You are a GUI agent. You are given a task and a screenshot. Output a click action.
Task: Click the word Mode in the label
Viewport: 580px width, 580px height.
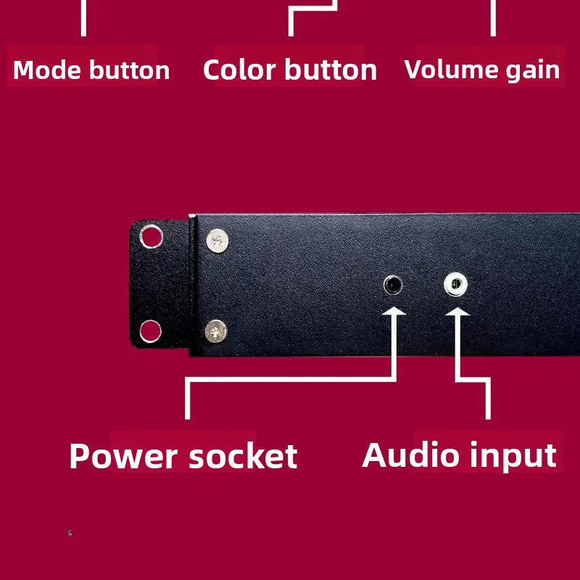coord(47,70)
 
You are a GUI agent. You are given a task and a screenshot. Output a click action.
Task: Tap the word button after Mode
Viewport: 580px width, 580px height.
coord(130,70)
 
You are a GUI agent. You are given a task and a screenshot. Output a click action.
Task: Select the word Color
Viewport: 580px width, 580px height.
coord(239,70)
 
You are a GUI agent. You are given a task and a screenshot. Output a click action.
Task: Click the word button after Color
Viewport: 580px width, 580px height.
coord(331,70)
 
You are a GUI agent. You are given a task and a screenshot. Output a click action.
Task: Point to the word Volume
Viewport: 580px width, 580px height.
coord(450,69)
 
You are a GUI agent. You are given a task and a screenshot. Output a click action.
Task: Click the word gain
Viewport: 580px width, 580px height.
coord(533,71)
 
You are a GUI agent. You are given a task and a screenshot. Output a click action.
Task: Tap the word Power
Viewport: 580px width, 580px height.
coord(123,456)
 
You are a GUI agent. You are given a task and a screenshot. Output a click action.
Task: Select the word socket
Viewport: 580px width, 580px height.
coord(243,456)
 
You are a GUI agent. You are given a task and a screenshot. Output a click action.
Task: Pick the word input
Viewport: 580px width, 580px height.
coord(513,457)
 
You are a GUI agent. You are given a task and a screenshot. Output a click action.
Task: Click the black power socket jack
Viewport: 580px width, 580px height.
coord(393,285)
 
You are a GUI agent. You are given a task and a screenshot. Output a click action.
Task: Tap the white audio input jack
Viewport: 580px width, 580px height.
coord(456,284)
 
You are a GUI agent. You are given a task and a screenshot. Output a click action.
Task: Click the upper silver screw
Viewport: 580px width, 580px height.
coord(217,241)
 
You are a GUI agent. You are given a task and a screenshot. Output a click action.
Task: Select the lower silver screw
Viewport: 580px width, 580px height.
coord(216,331)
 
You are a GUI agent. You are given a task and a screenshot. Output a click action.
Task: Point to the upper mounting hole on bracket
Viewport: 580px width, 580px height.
coord(152,236)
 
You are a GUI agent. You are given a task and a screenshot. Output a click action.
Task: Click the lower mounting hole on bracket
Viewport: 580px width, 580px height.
coord(151,331)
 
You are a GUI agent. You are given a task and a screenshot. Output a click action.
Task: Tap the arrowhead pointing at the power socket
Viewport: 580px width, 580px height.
coord(394,311)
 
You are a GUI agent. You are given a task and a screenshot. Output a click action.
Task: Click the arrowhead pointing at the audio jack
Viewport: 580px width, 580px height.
coord(457,312)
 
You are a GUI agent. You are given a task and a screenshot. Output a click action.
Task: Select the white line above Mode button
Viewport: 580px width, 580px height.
coord(83,18)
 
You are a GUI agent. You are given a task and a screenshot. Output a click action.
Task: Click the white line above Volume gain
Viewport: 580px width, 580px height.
coord(493,18)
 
